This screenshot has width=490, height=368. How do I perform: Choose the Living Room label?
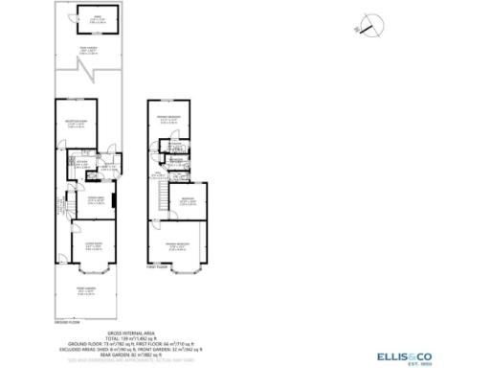92,246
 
